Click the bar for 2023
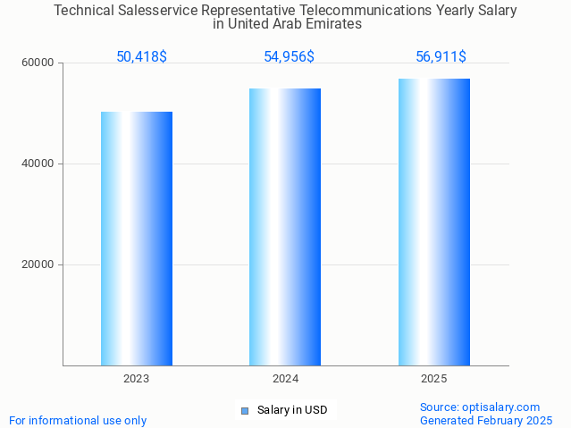(x=137, y=239)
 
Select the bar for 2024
(x=285, y=227)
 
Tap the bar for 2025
(x=434, y=222)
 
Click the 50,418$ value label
(x=141, y=57)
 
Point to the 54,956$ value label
(x=289, y=57)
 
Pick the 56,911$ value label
(x=441, y=57)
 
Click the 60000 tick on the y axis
(x=39, y=63)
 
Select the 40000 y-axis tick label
(x=39, y=164)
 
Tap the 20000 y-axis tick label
(x=39, y=265)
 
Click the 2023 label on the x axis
(x=137, y=379)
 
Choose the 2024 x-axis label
(x=285, y=379)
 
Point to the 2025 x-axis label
(x=434, y=379)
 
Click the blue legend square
(x=244, y=411)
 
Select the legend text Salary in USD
(x=292, y=411)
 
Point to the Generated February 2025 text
(x=486, y=421)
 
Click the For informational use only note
(x=78, y=421)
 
